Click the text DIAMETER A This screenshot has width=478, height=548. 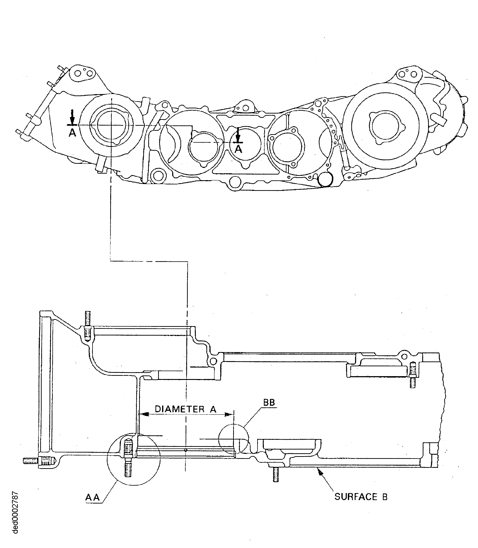coord(186,409)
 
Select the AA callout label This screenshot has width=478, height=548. coord(93,497)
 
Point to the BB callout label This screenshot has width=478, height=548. coord(269,403)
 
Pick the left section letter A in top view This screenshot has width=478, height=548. coord(72,132)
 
